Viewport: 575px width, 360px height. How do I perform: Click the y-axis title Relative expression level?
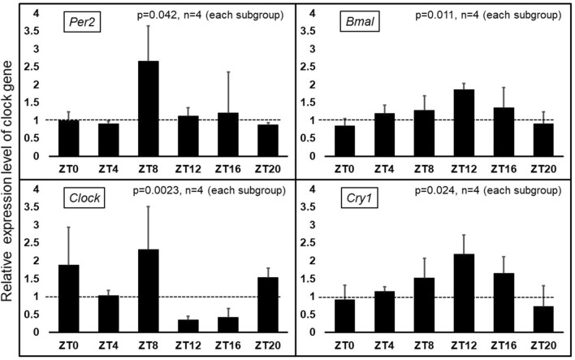(11, 179)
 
